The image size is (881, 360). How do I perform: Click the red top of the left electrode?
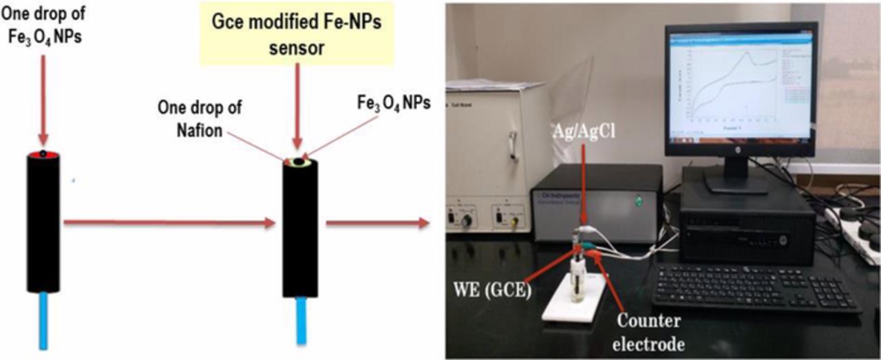pos(43,154)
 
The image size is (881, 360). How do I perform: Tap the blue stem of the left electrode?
pos(43,317)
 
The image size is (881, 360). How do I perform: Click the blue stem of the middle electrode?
pos(301,320)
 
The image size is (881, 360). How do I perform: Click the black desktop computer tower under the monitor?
pos(747,227)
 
